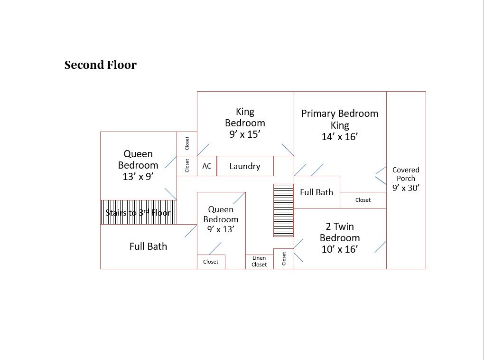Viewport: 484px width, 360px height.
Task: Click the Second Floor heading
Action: point(100,65)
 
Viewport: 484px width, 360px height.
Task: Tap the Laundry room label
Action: point(245,166)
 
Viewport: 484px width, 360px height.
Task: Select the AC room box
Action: point(207,166)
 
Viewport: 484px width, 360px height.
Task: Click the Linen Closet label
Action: point(259,261)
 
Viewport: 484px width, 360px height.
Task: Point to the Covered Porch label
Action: point(406,174)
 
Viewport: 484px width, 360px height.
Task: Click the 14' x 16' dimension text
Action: point(340,137)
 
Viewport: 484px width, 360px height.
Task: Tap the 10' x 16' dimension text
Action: point(340,249)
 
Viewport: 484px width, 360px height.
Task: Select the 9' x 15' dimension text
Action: point(245,134)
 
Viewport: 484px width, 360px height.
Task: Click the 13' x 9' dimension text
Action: point(138,176)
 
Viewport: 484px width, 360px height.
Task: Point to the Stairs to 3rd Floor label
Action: point(138,212)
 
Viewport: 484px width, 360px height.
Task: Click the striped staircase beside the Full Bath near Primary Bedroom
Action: point(283,210)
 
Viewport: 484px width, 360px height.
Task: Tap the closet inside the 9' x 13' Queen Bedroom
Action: point(211,262)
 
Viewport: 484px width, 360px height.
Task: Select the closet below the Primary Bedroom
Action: point(363,200)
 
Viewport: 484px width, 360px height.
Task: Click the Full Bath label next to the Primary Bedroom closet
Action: point(316,192)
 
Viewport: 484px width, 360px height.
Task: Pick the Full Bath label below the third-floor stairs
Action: point(148,246)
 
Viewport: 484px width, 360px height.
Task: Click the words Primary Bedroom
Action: point(340,114)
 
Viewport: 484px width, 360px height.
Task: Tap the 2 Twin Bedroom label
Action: point(340,232)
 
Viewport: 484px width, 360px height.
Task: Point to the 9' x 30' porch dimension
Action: point(406,188)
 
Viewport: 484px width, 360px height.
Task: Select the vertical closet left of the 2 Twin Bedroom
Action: point(284,258)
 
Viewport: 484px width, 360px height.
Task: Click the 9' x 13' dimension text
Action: point(221,229)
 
